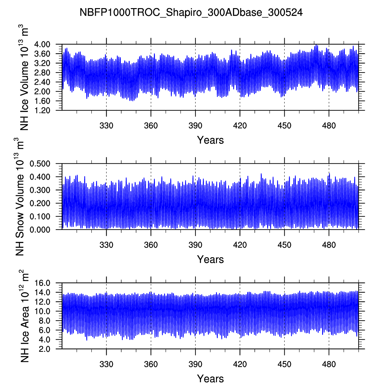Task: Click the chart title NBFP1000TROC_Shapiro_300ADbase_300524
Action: click(x=191, y=12)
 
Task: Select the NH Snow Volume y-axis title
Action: click(x=20, y=197)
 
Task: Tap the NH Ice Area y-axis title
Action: click(x=24, y=316)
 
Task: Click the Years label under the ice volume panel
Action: click(x=210, y=140)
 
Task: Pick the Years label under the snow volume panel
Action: click(x=210, y=260)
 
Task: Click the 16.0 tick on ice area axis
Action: click(x=44, y=283)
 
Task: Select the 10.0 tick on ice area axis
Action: click(x=44, y=311)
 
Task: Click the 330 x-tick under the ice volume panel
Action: click(x=106, y=126)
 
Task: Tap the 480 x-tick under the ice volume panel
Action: click(x=329, y=126)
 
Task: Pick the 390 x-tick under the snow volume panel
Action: click(x=195, y=245)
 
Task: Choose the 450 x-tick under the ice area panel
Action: click(x=284, y=364)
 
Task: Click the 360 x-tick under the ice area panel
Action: click(x=151, y=364)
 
